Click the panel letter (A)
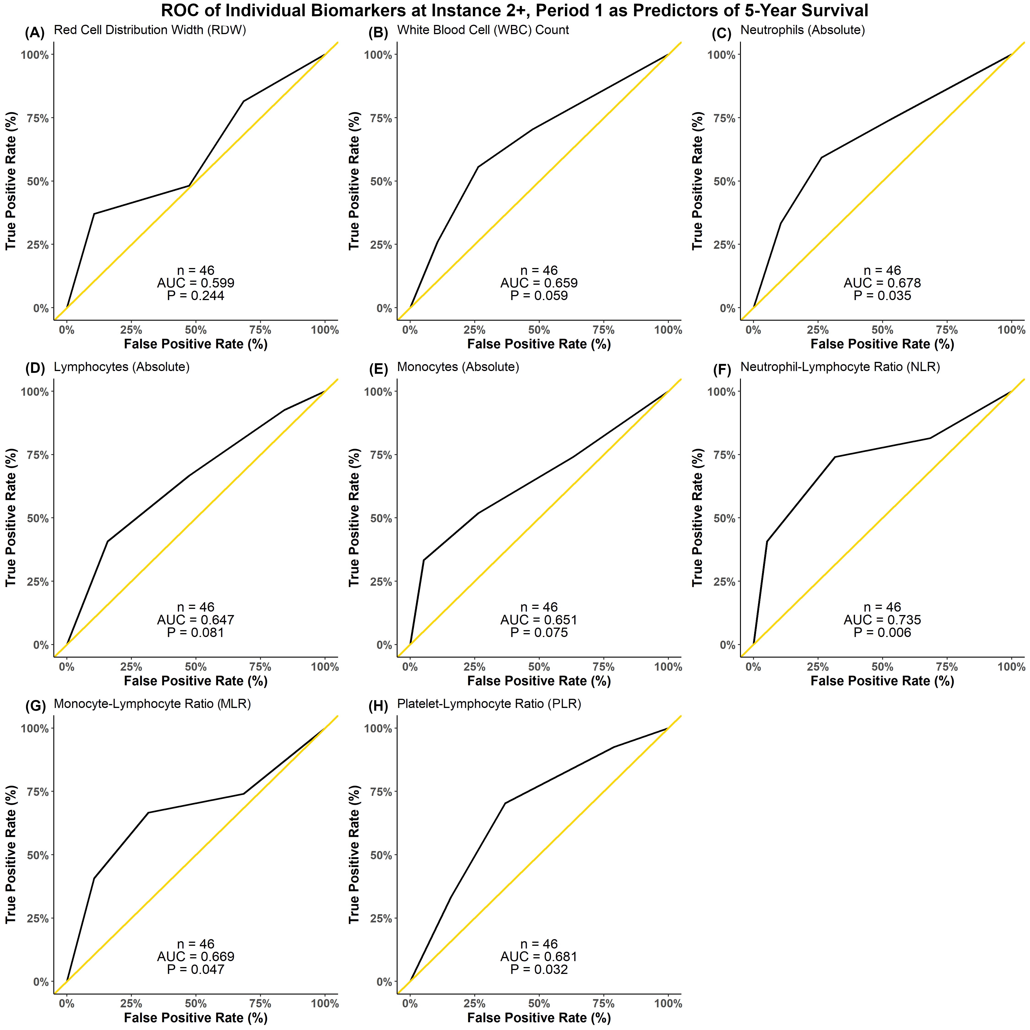click(x=35, y=33)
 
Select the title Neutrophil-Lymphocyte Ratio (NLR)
click(x=840, y=367)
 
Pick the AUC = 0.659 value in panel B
click(x=539, y=283)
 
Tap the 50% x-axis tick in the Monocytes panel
click(x=539, y=667)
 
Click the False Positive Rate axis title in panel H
click(x=539, y=1018)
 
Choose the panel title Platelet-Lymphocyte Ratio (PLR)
click(x=489, y=704)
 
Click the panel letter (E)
click(x=379, y=370)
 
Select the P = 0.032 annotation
click(x=539, y=969)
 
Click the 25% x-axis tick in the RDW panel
click(x=131, y=330)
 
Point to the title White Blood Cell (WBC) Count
click(x=483, y=30)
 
